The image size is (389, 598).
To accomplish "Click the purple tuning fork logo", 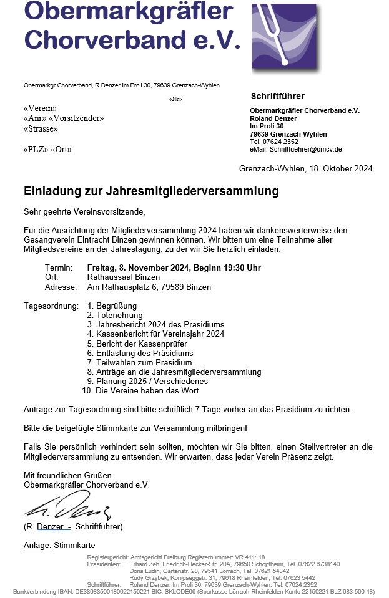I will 283,39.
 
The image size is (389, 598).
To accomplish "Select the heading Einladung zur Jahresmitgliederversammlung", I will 151,191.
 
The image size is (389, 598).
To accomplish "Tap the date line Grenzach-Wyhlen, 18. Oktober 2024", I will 305,168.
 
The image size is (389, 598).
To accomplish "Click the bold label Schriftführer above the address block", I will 277,97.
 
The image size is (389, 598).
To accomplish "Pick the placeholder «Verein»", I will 40,109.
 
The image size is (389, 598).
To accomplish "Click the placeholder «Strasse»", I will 41,129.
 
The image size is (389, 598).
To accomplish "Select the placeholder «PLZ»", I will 35,150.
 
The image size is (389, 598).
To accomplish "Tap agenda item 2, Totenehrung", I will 111,316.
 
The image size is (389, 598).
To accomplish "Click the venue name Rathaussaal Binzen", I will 123,277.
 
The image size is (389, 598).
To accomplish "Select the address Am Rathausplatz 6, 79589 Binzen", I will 149,287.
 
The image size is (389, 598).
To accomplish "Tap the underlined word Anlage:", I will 37,546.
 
